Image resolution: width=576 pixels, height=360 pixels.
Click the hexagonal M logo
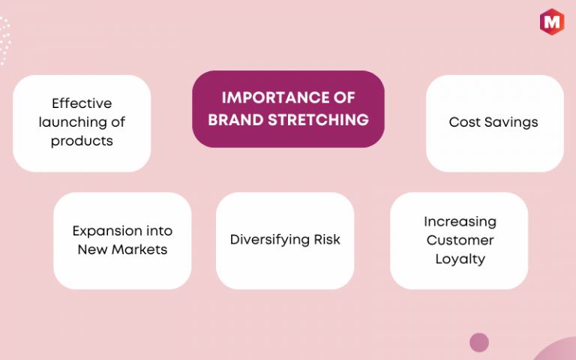click(x=552, y=22)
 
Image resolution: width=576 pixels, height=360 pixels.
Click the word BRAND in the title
click(x=235, y=120)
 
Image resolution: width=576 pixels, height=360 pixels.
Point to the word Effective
click(x=82, y=103)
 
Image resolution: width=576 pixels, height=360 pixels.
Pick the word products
click(x=82, y=141)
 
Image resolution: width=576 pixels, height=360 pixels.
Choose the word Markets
click(x=139, y=250)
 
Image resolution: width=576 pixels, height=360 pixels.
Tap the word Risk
click(x=327, y=239)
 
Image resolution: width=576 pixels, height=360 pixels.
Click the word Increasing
click(x=460, y=222)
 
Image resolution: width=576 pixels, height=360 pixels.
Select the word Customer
click(x=460, y=240)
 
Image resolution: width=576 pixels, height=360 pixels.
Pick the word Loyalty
click(x=460, y=259)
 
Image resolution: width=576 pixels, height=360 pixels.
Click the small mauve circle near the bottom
click(x=479, y=342)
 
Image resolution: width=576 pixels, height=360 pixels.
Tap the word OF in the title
click(x=344, y=97)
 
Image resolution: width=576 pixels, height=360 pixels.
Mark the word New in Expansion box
click(x=92, y=250)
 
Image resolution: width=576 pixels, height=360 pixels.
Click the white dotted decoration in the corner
click(x=4, y=40)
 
